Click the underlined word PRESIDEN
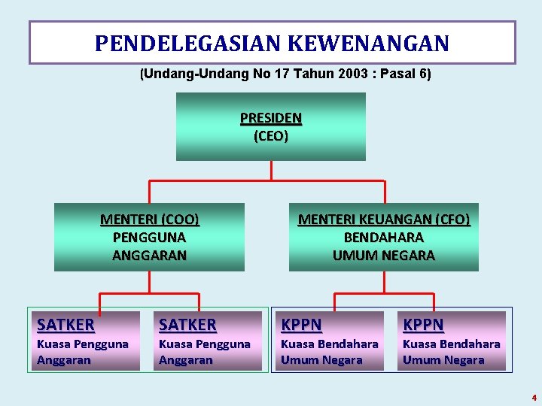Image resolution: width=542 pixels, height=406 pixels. click(x=271, y=118)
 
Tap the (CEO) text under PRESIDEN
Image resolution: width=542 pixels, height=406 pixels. click(x=271, y=136)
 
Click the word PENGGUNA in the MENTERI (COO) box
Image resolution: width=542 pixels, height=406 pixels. click(x=149, y=238)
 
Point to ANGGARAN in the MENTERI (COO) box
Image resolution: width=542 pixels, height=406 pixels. click(x=149, y=256)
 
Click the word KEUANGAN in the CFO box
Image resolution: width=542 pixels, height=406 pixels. click(x=391, y=220)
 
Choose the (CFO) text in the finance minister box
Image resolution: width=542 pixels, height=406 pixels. click(x=452, y=220)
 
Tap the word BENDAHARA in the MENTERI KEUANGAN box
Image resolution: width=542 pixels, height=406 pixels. click(x=384, y=238)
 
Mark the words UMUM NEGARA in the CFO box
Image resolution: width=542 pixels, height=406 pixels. click(x=384, y=256)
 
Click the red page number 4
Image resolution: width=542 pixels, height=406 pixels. click(x=534, y=398)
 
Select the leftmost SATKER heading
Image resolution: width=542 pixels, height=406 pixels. click(x=66, y=325)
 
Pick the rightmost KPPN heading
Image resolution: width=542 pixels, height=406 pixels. click(x=424, y=325)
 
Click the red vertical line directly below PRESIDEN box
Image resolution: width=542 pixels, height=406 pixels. click(x=271, y=171)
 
